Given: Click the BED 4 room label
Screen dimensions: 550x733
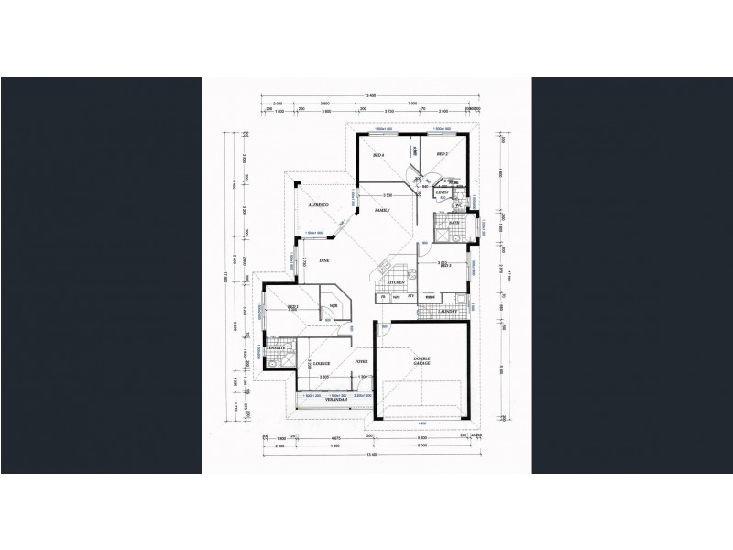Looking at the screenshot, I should (x=377, y=156).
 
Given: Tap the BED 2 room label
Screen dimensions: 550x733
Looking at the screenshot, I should (x=441, y=153).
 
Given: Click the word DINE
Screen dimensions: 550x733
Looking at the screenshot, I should (x=323, y=261).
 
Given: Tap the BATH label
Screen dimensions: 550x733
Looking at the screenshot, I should (x=454, y=223).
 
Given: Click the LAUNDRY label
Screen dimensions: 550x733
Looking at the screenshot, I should (x=448, y=312).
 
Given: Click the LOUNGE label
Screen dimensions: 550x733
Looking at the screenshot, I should (x=321, y=364).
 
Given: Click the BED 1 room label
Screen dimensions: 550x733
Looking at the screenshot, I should (x=293, y=306).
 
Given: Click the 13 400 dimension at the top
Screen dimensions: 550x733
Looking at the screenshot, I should (x=370, y=95).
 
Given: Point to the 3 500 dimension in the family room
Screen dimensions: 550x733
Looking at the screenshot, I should (x=388, y=195).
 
